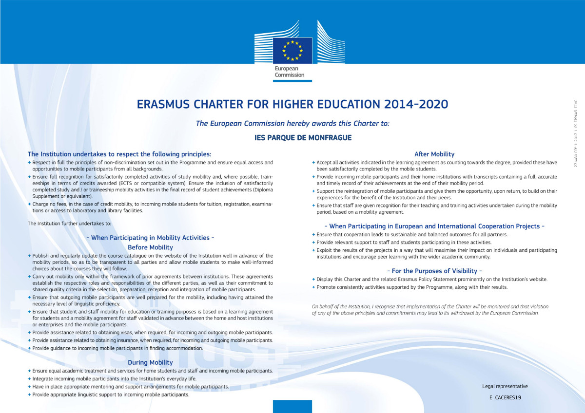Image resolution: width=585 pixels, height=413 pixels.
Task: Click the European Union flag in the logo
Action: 292,50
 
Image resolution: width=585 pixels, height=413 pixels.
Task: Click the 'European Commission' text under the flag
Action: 289,72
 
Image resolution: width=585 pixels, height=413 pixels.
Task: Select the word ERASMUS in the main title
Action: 166,105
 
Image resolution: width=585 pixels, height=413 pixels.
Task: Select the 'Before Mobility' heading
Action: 150,247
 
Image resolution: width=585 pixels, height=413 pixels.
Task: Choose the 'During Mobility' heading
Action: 150,362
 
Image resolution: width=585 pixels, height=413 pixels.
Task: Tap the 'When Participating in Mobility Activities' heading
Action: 150,238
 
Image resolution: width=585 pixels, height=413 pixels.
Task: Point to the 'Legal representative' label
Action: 505,386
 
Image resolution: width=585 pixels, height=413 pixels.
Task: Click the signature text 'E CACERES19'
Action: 506,398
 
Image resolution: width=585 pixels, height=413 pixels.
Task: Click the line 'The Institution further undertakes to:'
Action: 69,224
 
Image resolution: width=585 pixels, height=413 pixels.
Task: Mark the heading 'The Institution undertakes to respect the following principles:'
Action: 119,154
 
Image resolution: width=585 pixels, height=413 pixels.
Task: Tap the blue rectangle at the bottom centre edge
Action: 292,406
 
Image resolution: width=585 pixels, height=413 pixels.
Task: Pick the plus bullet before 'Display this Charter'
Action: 313,279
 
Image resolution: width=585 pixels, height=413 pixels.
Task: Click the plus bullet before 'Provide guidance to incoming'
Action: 30,348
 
